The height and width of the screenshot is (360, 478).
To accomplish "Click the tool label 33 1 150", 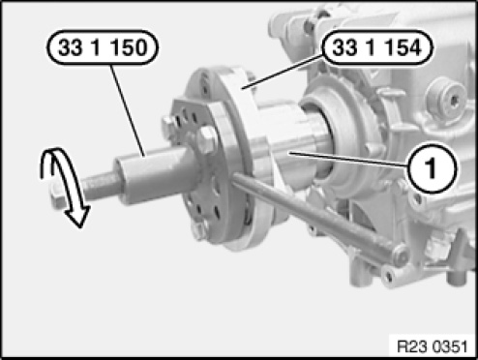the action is point(103,47).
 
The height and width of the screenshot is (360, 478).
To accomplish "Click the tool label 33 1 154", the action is point(377,47).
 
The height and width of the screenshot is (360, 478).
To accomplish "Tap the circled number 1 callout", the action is point(432,167).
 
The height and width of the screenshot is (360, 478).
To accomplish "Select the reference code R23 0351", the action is point(432,346).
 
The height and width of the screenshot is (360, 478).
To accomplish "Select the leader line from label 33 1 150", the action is point(128,110).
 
